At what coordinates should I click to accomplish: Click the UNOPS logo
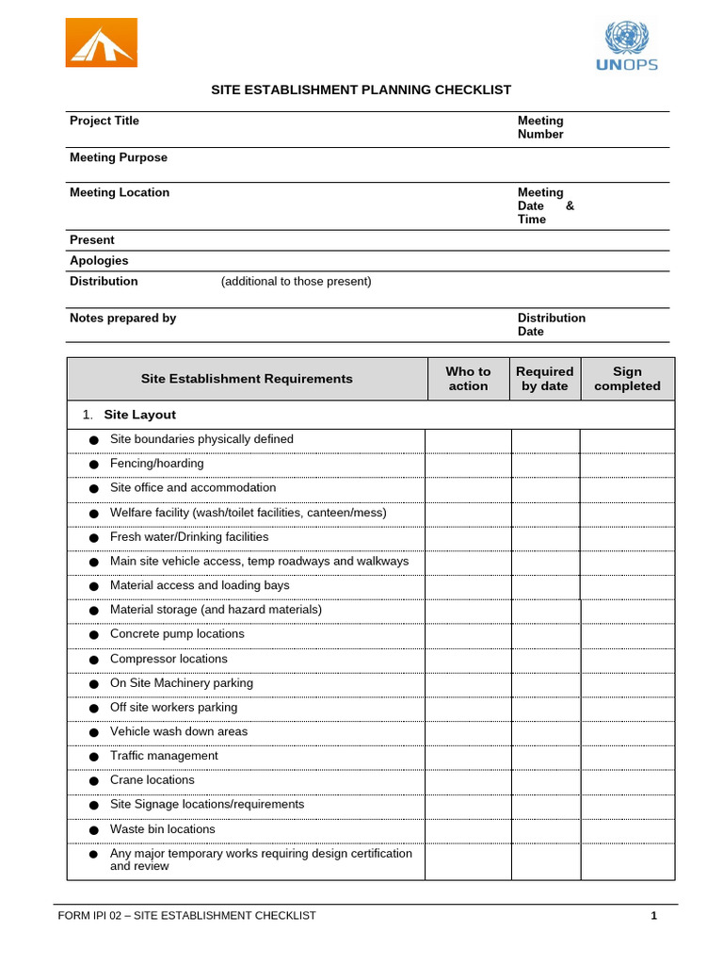tap(627, 46)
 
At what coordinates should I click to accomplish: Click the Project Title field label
tap(104, 121)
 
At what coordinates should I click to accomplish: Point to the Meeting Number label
tap(540, 127)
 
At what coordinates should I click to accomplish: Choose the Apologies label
tap(99, 260)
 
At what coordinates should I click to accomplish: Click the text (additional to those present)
tap(297, 281)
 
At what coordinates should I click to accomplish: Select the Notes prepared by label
tap(122, 318)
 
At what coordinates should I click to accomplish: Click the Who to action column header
tap(468, 379)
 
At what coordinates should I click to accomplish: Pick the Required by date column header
tap(544, 379)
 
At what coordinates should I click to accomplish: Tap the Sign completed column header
tap(627, 379)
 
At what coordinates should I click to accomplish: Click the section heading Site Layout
tap(139, 415)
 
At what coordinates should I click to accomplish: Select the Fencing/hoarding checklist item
tap(156, 464)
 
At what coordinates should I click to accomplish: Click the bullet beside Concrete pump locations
tap(93, 635)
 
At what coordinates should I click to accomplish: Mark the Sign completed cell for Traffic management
tap(626, 756)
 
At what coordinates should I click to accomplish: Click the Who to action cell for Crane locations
tap(468, 780)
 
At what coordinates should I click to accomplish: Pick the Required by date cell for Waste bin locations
tap(545, 829)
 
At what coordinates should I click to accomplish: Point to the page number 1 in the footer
tap(653, 915)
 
